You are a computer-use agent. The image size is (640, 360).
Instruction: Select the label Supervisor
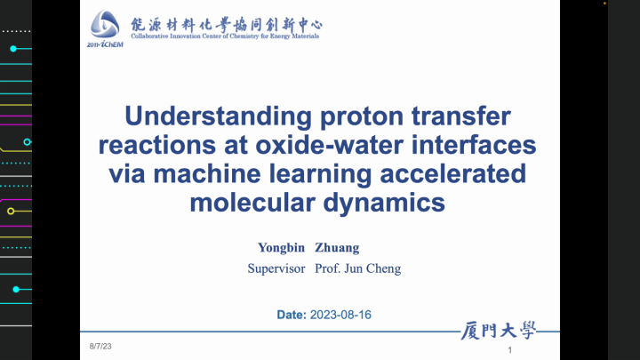[x=276, y=268]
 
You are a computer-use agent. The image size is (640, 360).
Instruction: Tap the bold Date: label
[x=291, y=315]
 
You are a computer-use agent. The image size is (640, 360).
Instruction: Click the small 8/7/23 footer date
[x=100, y=345]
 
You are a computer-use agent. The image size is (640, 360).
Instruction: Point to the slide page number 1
[x=509, y=353]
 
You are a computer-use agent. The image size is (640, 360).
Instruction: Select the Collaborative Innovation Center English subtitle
[x=226, y=36]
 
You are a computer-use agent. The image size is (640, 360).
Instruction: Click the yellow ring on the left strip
[x=11, y=212]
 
